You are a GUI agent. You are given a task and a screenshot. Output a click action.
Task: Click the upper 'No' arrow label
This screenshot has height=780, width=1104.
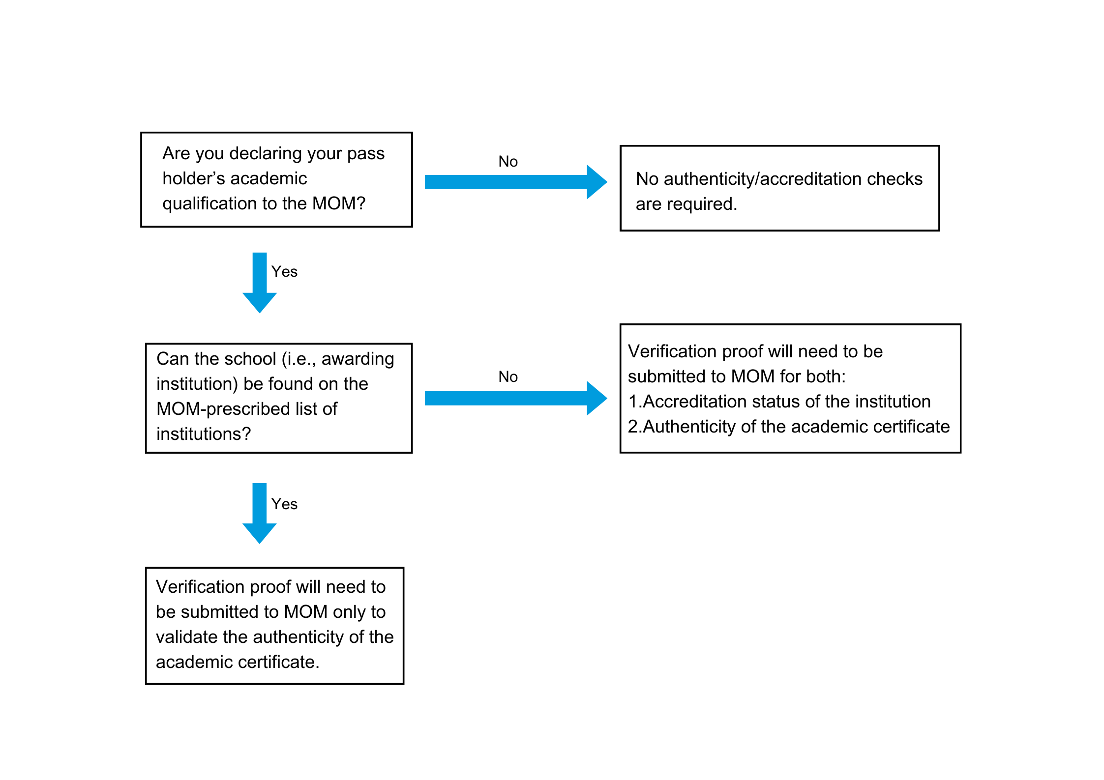[x=507, y=162]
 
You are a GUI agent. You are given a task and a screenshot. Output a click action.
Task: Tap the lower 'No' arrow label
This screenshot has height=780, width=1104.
[x=507, y=377]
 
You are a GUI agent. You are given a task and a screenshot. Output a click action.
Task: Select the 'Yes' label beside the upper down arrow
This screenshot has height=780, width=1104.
[x=284, y=272]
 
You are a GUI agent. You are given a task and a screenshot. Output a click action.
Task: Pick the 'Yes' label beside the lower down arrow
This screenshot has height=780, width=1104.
[x=284, y=504]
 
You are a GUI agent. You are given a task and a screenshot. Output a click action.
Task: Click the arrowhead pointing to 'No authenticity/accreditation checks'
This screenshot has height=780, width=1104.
[x=596, y=182]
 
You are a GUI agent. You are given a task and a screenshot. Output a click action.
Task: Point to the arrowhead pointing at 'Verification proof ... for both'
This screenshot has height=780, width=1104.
[x=596, y=398]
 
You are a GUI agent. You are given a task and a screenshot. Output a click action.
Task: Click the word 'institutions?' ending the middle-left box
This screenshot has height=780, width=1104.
[x=204, y=434]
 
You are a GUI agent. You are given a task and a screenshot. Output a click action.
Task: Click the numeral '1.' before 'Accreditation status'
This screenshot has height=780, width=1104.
[x=634, y=402]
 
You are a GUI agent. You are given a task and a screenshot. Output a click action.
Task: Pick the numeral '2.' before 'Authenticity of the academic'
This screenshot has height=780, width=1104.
[x=634, y=427]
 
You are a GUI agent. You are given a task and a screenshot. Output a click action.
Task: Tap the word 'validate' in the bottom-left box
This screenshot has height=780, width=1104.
[x=187, y=637]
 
